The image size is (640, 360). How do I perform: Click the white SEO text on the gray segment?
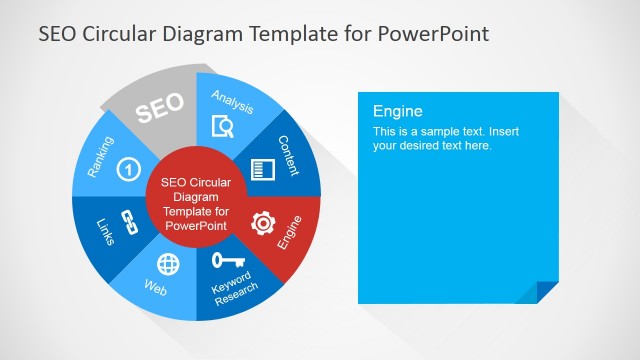click(159, 109)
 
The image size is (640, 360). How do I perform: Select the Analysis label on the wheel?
click(233, 101)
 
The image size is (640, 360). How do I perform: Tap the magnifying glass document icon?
click(223, 127)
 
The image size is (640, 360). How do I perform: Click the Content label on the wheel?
click(288, 155)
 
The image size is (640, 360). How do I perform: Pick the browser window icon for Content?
click(262, 169)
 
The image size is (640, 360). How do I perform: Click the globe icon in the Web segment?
click(169, 266)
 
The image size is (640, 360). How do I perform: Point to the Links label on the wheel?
click(104, 232)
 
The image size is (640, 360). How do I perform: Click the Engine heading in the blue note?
click(398, 111)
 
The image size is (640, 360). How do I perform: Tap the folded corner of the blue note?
click(547, 291)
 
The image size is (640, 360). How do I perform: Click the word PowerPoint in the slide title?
click(433, 34)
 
